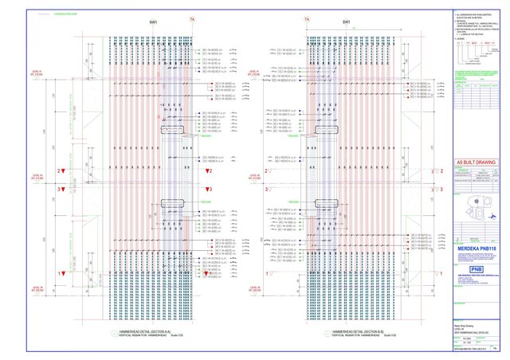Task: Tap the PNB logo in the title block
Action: coord(477,269)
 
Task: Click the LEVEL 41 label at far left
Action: coord(37,74)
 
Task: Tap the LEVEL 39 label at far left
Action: coord(37,288)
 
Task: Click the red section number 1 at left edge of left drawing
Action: coord(60,274)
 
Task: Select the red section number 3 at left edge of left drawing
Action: coord(60,190)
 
